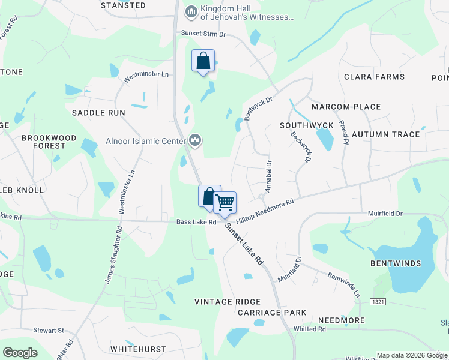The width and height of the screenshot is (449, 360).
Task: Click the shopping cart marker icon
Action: click(224, 202)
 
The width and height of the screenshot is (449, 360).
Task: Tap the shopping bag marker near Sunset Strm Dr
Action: click(203, 61)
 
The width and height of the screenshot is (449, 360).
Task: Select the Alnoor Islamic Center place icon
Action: click(194, 141)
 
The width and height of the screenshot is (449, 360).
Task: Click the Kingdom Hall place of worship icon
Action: click(191, 11)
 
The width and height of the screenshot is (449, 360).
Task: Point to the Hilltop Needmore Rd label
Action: click(265, 212)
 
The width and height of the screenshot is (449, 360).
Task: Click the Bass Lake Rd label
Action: click(196, 222)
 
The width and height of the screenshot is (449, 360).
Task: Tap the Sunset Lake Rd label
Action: click(245, 245)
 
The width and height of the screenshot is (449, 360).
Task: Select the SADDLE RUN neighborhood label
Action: click(98, 113)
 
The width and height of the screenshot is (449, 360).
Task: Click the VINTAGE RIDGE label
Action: click(228, 302)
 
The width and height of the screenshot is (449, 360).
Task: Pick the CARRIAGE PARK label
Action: click(272, 313)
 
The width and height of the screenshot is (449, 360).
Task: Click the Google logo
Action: click(20, 353)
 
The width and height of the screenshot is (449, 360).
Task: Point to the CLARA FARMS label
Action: click(374, 77)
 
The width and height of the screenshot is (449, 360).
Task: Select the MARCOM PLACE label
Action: click(346, 107)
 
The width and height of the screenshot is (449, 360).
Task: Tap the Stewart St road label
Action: click(49, 331)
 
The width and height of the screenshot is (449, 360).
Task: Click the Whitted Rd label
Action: click(310, 329)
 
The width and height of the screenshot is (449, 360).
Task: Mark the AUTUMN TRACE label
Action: click(385, 134)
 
